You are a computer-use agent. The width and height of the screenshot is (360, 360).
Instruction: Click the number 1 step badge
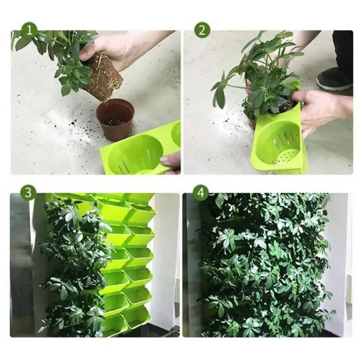(x=29, y=30)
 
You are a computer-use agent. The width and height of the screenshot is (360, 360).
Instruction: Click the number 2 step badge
(x=202, y=30)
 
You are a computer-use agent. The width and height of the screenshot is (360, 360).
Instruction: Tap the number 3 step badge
(x=28, y=192)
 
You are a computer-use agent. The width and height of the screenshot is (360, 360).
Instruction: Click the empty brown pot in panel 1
(x=115, y=120)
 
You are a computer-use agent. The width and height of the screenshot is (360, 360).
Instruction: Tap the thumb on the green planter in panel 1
(x=171, y=160)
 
